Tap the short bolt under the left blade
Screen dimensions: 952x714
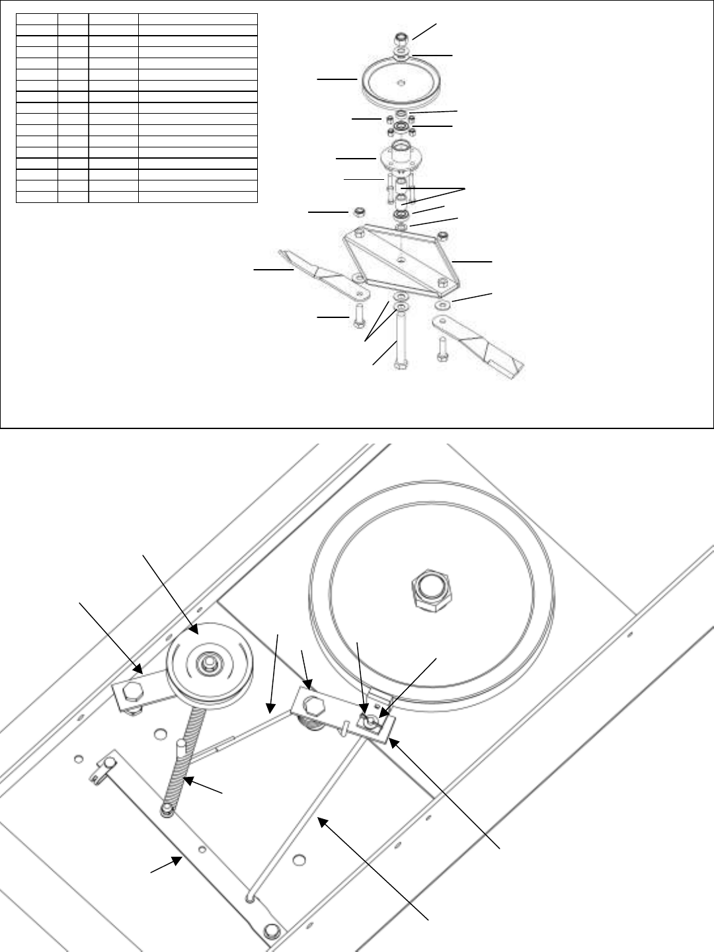[x=358, y=317]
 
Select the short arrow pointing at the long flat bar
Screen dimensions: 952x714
[x=166, y=865]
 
